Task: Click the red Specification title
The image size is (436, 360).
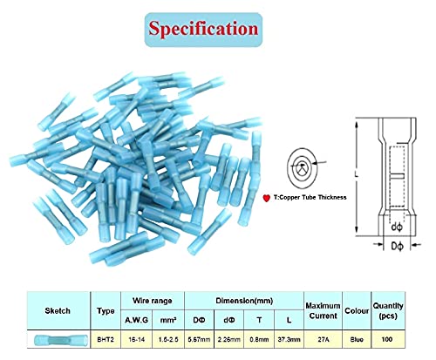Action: pyautogui.click(x=203, y=29)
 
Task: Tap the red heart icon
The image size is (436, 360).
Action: pyautogui.click(x=267, y=198)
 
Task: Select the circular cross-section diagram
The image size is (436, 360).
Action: pyautogui.click(x=302, y=167)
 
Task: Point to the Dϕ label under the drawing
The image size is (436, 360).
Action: pyautogui.click(x=397, y=247)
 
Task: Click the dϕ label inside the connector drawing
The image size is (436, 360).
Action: pyautogui.click(x=397, y=227)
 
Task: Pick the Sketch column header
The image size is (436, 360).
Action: pyautogui.click(x=58, y=311)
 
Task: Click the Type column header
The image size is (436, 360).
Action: pyautogui.click(x=106, y=311)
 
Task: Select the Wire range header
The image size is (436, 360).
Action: pyautogui.click(x=153, y=301)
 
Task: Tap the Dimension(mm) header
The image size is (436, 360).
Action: pyautogui.click(x=244, y=301)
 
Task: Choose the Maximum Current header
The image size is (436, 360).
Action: pyautogui.click(x=323, y=310)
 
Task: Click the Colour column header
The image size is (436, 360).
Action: pyautogui.click(x=357, y=311)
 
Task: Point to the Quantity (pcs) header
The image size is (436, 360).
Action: pyautogui.click(x=388, y=310)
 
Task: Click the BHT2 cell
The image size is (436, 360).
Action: pyautogui.click(x=106, y=339)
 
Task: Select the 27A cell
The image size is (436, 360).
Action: pyautogui.click(x=323, y=339)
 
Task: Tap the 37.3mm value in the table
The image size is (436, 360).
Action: pyautogui.click(x=289, y=339)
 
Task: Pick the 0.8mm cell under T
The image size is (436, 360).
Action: pyautogui.click(x=259, y=339)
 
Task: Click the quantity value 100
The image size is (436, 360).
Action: pyautogui.click(x=387, y=339)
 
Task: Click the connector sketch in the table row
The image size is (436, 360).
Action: pyautogui.click(x=61, y=340)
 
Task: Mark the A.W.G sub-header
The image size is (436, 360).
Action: pyautogui.click(x=136, y=320)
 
